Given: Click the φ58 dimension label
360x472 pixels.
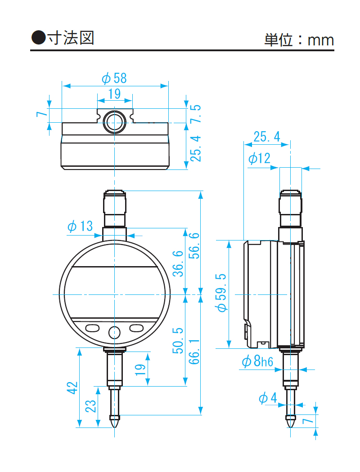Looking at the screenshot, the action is (114, 78).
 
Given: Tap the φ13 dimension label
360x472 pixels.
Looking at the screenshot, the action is (80, 226).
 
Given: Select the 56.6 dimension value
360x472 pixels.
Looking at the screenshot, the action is (194, 245).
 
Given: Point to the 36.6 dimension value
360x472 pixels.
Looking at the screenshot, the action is (178, 263).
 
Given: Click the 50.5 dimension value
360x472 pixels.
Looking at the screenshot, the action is (178, 340).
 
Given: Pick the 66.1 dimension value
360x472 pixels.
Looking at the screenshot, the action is (194, 352).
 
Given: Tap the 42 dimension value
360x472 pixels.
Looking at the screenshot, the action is (72, 388).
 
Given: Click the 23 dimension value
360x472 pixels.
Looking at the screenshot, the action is (90, 406).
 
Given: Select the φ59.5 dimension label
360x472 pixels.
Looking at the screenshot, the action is (221, 293).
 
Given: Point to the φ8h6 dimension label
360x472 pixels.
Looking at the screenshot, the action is (257, 361).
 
